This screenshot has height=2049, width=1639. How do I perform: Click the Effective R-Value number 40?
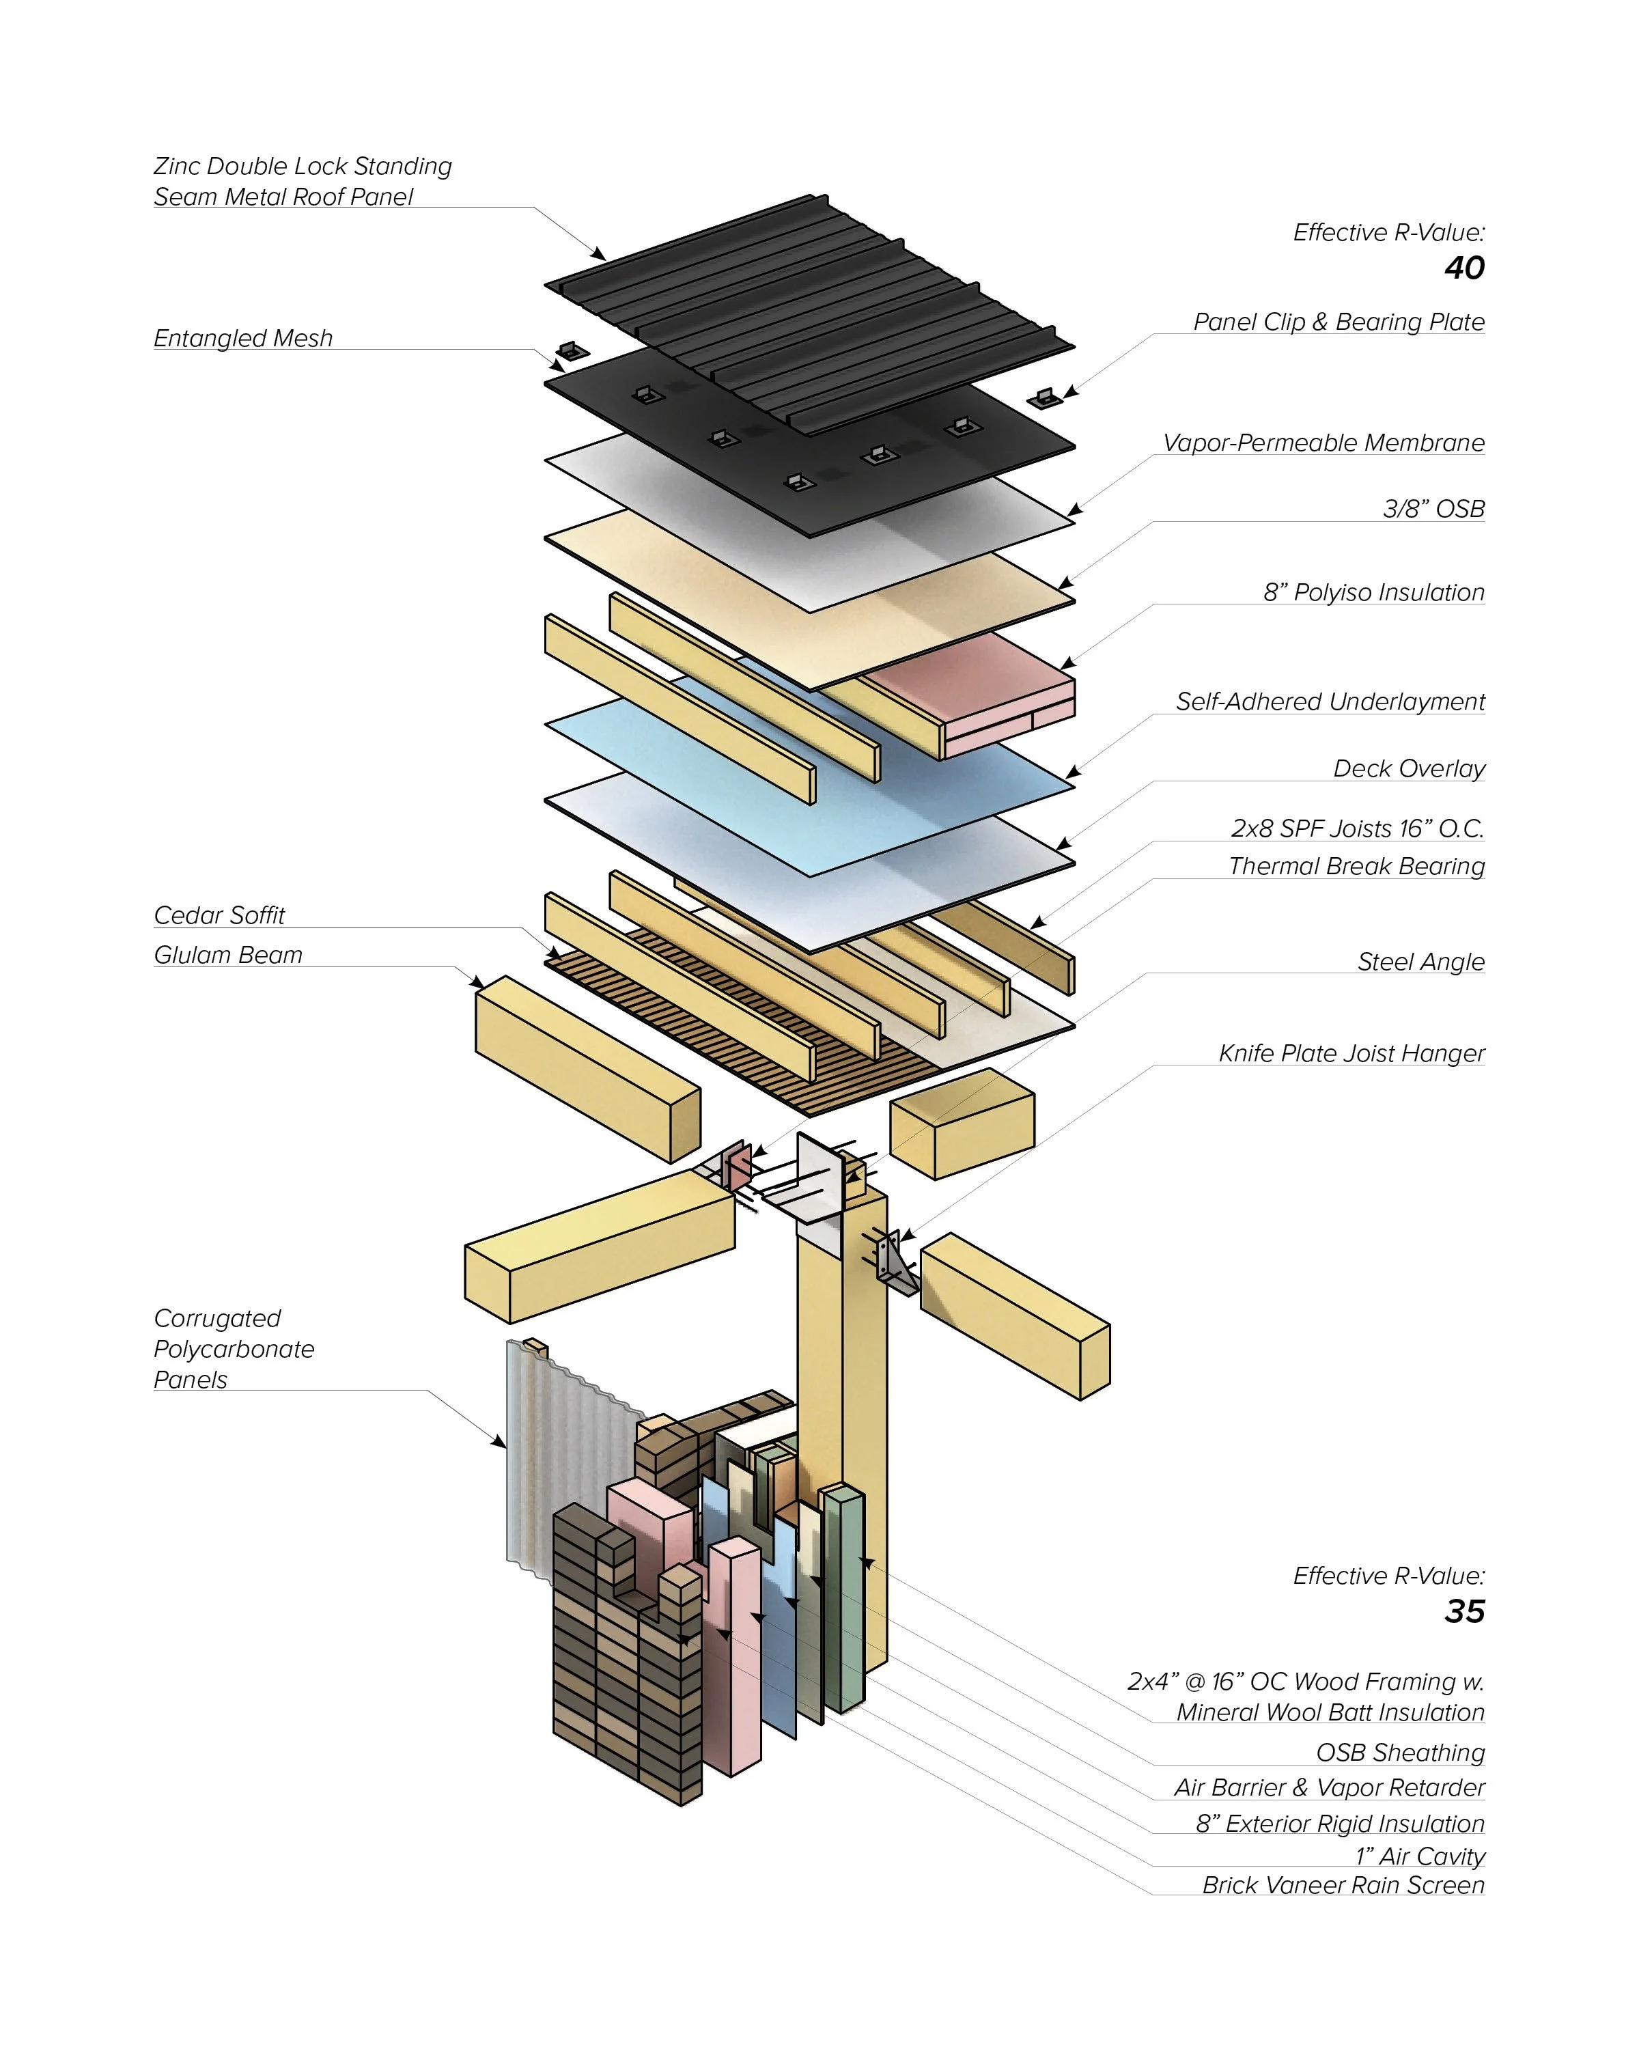point(1463,268)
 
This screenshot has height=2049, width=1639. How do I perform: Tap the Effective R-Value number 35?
point(1463,1611)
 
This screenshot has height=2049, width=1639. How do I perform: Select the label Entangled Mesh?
point(243,338)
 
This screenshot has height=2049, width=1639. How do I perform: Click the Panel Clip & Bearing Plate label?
point(1338,322)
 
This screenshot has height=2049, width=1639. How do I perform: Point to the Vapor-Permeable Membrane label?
point(1323,443)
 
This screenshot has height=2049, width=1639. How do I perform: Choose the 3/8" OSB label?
point(1433,510)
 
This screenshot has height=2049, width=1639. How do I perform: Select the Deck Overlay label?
point(1408,769)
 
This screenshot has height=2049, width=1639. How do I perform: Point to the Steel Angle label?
point(1420,962)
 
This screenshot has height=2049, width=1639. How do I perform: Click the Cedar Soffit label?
point(219,915)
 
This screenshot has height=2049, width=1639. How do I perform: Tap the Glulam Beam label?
point(228,955)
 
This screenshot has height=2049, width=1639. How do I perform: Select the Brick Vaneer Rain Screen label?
point(1343,1886)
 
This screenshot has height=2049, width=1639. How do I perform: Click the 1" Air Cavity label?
point(1420,1856)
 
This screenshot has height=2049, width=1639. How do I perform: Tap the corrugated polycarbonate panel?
point(570,1454)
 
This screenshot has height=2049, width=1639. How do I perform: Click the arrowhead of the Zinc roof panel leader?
point(600,255)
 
